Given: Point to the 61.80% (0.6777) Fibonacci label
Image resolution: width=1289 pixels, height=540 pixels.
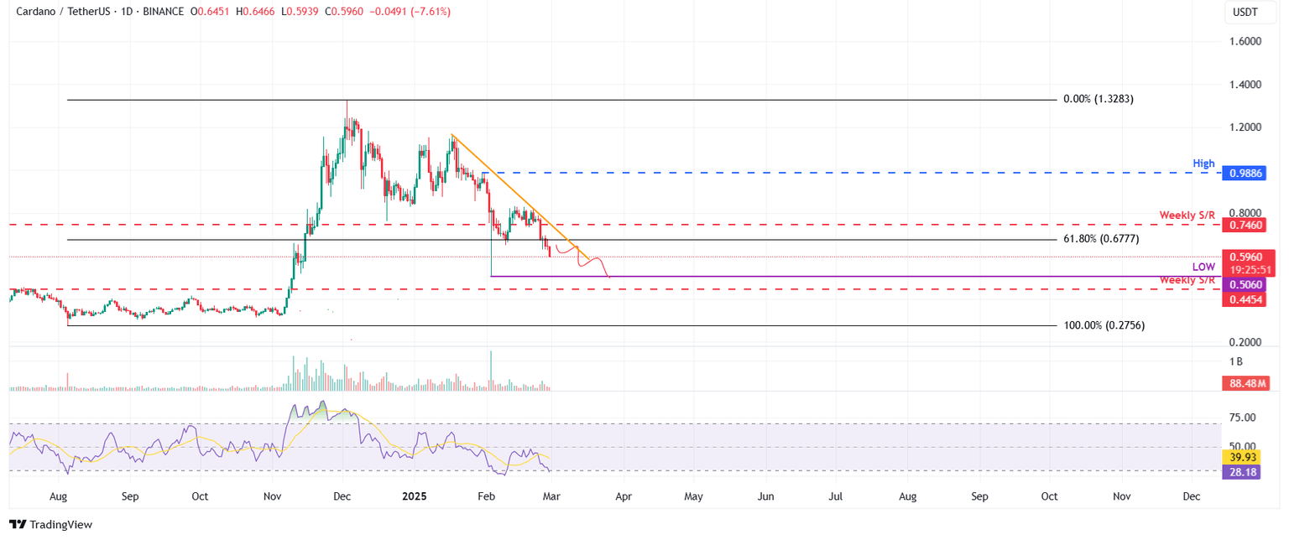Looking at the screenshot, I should [x=1101, y=239].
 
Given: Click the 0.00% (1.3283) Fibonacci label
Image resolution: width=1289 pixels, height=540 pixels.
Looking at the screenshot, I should [x=1099, y=99].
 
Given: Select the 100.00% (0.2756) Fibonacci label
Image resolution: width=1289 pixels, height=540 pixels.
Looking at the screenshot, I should [x=1104, y=325].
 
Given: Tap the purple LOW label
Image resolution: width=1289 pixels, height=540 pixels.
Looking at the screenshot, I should [x=1203, y=267].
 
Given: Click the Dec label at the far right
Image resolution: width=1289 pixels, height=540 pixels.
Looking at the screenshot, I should [x=1190, y=496].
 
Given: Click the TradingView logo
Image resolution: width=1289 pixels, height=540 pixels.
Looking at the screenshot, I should [x=50, y=525].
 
